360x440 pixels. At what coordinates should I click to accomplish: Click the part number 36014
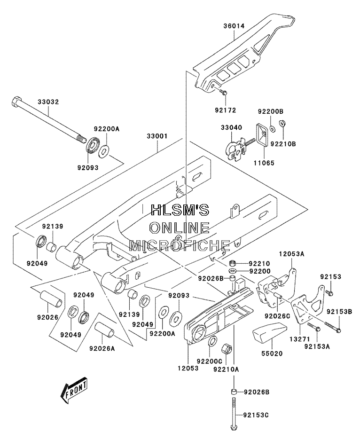tap(234, 26)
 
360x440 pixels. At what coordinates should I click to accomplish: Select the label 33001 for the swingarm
tap(157, 136)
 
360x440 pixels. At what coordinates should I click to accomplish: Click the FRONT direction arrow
tap(74, 390)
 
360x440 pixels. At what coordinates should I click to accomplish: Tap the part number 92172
tap(226, 110)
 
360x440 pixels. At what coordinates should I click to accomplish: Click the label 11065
tap(264, 163)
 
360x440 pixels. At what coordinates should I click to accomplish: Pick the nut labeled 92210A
tap(227, 349)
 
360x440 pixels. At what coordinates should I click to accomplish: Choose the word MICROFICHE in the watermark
tap(180, 245)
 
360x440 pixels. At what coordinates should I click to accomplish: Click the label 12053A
tap(291, 254)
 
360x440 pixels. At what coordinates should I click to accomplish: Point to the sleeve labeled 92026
tap(51, 300)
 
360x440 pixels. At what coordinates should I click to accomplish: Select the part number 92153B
tap(339, 311)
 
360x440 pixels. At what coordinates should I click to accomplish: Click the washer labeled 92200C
tap(212, 341)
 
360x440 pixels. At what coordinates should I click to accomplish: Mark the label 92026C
tap(277, 316)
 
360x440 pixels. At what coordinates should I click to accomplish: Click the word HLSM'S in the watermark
tap(180, 210)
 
